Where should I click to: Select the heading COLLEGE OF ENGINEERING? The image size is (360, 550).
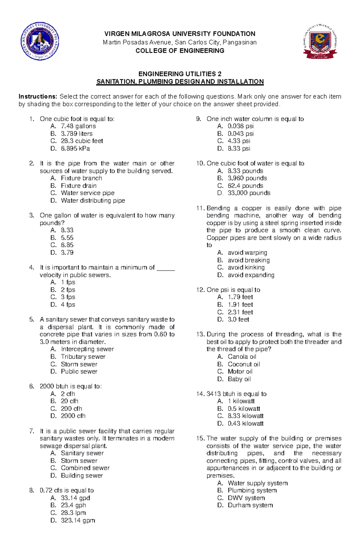point(180,51)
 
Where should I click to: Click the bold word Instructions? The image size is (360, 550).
point(38,97)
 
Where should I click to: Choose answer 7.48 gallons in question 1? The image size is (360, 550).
point(78,126)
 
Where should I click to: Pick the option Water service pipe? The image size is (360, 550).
point(88,193)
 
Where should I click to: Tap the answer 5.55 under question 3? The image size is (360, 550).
point(67,238)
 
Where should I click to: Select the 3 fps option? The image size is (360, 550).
point(68,297)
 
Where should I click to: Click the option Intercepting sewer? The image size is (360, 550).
point(87,349)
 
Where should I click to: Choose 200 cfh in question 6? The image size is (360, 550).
point(71,409)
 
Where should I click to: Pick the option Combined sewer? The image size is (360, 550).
point(85,468)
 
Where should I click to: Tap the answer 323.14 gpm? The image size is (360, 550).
point(78,520)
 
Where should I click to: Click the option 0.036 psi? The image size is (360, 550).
point(241,126)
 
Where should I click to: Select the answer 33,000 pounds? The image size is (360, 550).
point(249,193)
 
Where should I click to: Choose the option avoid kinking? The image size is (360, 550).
point(246,267)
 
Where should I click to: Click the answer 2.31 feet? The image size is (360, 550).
point(240,312)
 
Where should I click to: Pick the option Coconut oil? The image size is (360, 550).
point(244,364)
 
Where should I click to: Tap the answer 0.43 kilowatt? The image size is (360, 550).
point(245,424)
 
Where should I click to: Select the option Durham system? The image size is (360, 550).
point(250,505)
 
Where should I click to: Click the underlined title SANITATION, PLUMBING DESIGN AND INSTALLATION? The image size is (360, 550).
point(180,82)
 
